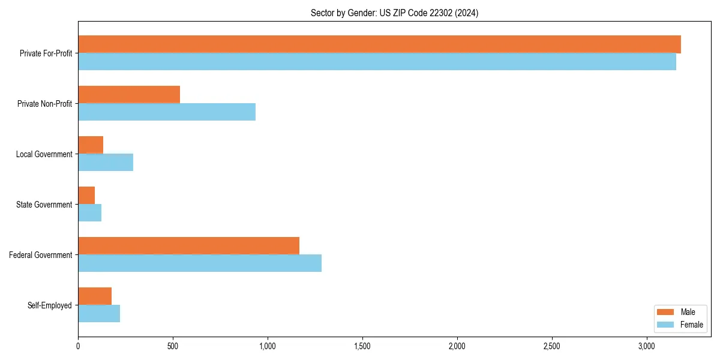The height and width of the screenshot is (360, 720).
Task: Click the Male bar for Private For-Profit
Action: pyautogui.click(x=379, y=44)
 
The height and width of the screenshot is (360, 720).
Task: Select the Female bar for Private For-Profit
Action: pyautogui.click(x=377, y=62)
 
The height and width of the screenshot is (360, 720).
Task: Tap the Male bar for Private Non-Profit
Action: pyautogui.click(x=129, y=95)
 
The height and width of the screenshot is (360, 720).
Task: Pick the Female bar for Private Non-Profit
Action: pyautogui.click(x=167, y=112)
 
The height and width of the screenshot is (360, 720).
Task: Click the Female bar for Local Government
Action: pyautogui.click(x=106, y=163)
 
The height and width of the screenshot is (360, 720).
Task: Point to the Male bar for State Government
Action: pyautogui.click(x=86, y=196)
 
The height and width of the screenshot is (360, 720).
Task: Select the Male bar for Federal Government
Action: pyautogui.click(x=188, y=246)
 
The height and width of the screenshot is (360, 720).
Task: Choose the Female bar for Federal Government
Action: pyautogui.click(x=200, y=263)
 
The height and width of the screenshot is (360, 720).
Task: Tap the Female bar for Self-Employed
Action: pyautogui.click(x=99, y=314)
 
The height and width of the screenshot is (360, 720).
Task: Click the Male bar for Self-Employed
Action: pyautogui.click(x=95, y=296)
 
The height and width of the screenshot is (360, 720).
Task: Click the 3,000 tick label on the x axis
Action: pyautogui.click(x=646, y=346)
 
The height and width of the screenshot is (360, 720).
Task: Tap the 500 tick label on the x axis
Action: pyautogui.click(x=173, y=346)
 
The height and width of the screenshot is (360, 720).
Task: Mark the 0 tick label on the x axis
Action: pyautogui.click(x=78, y=346)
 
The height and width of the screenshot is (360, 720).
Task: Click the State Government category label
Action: pyautogui.click(x=44, y=205)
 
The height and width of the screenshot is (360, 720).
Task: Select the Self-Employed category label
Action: pyautogui.click(x=50, y=305)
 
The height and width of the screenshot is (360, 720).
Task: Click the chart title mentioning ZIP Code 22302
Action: pyautogui.click(x=394, y=13)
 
